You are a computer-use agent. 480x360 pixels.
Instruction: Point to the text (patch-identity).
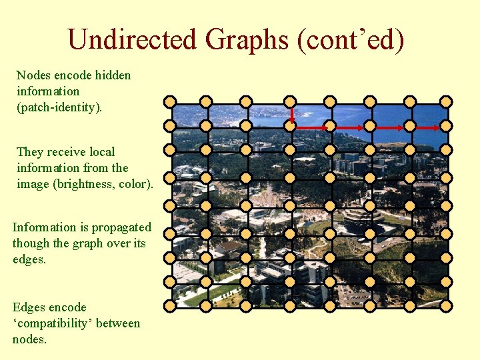(x=59, y=107)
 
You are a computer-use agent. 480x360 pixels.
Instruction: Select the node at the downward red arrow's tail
(x=291, y=102)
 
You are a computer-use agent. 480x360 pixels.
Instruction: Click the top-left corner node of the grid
(x=170, y=102)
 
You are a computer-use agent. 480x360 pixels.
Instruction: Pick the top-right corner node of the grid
(x=446, y=102)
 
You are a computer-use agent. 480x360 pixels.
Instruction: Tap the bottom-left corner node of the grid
(x=170, y=306)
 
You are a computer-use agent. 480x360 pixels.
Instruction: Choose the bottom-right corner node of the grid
(x=446, y=306)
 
